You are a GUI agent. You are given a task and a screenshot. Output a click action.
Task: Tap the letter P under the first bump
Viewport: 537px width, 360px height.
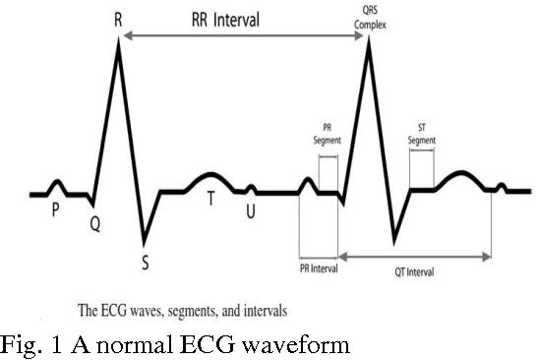(x=55, y=210)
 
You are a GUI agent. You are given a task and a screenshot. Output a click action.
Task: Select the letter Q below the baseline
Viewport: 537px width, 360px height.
(x=94, y=223)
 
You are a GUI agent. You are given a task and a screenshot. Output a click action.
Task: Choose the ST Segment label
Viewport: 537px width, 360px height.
(x=422, y=135)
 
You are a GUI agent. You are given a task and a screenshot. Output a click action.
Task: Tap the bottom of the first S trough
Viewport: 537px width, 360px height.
(x=145, y=242)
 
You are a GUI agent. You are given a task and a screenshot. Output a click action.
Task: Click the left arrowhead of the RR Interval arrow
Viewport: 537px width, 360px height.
(x=125, y=35)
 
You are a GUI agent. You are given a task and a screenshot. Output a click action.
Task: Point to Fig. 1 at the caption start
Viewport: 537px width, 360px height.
(x=28, y=344)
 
